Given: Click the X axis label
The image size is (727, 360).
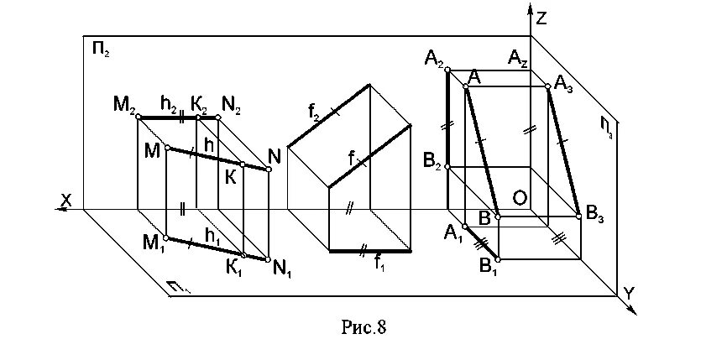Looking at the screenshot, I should pyautogui.click(x=63, y=198).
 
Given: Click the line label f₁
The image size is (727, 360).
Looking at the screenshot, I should pyautogui.click(x=380, y=262).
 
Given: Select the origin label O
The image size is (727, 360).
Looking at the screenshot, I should pyautogui.click(x=520, y=197).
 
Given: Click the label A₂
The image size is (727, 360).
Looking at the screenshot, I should pyautogui.click(x=434, y=58).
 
